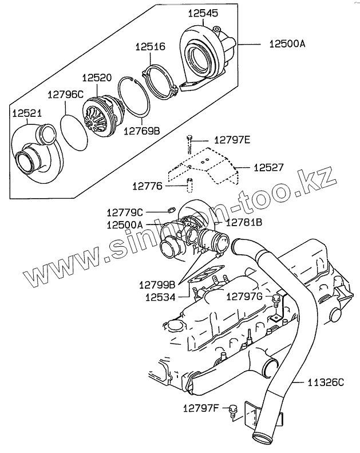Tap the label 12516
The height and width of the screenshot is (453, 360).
(151, 48)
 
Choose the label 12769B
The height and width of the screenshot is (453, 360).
(141, 131)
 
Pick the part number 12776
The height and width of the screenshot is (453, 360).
(147, 186)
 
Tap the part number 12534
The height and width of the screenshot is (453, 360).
(159, 297)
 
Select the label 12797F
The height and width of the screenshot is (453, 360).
(201, 408)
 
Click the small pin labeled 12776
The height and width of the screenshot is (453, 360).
(188, 186)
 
